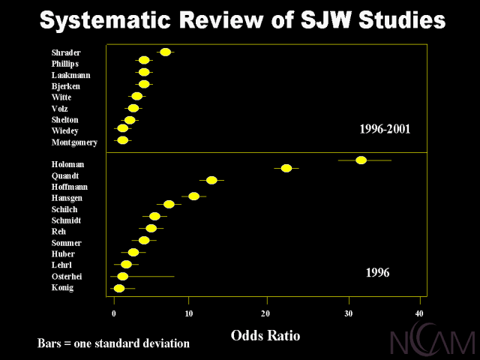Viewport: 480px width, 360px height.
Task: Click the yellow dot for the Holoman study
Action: click(361, 160)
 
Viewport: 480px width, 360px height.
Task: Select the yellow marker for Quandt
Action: click(286, 168)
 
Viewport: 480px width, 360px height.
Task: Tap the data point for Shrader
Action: click(166, 52)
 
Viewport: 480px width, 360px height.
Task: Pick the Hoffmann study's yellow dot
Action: click(211, 180)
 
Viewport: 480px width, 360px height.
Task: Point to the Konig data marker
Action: click(119, 288)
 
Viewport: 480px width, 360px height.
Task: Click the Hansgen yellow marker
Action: click(193, 196)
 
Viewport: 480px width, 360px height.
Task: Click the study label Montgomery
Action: click(74, 142)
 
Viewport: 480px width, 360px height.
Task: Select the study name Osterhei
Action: click(67, 277)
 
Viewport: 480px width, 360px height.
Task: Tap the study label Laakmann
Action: click(70, 75)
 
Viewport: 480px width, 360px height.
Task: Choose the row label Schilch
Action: click(64, 209)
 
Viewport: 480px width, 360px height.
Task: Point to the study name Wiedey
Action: click(64, 131)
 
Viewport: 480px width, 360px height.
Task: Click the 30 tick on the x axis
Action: click(349, 313)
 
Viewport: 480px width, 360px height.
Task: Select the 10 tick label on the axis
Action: click(188, 313)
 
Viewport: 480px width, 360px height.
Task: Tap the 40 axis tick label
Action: click(419, 313)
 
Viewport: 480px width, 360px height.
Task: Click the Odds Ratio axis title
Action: click(265, 335)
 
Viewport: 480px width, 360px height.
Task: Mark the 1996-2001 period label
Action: click(385, 130)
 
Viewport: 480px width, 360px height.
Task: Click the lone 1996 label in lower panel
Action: click(377, 273)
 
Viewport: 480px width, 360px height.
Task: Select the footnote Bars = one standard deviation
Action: click(113, 343)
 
